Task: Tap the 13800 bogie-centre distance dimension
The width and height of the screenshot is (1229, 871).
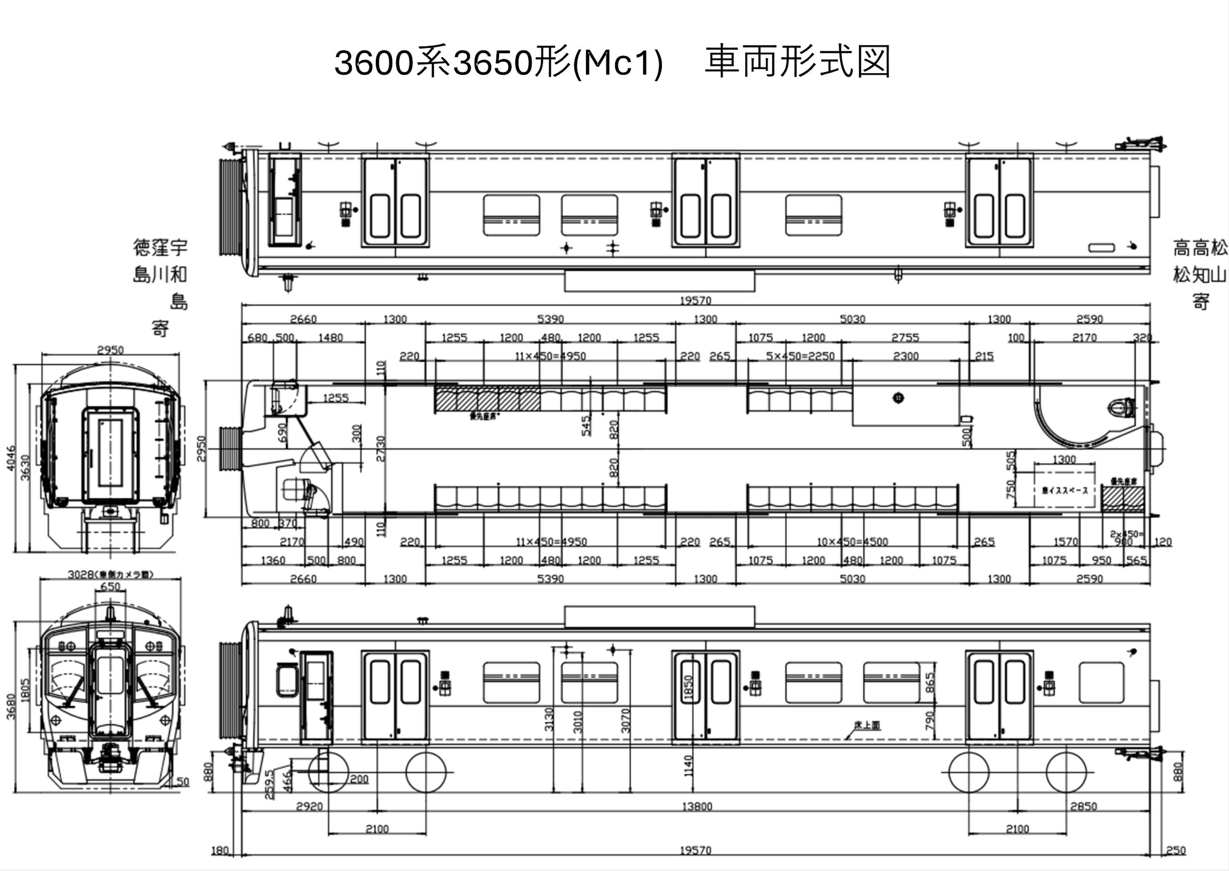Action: (x=697, y=806)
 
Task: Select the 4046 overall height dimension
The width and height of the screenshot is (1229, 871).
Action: (x=11, y=459)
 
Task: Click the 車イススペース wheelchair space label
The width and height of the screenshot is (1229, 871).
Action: (x=1065, y=490)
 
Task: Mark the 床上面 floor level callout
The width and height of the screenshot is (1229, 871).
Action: (x=867, y=725)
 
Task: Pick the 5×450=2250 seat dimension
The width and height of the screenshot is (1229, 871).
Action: (x=800, y=356)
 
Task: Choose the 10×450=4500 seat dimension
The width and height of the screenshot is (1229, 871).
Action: (x=852, y=542)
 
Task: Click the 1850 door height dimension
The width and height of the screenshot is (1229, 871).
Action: (x=688, y=687)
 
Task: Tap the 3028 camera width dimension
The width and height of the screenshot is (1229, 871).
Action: (x=110, y=574)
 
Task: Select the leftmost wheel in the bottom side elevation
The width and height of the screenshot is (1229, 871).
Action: (x=328, y=772)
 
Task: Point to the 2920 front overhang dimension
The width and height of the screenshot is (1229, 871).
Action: (x=309, y=806)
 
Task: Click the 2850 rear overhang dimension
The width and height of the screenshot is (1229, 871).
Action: (x=1083, y=806)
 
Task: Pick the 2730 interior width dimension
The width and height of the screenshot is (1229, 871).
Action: (x=381, y=449)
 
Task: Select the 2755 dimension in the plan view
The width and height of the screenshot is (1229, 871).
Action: (x=905, y=338)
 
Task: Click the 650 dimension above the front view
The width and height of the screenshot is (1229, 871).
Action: (x=110, y=587)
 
